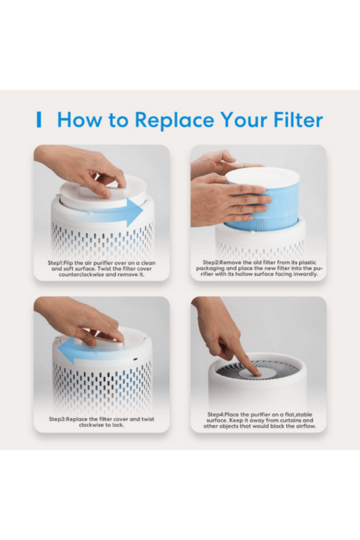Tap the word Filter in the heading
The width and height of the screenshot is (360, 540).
coord(298,120)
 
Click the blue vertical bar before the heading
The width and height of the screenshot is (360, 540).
coord(39,120)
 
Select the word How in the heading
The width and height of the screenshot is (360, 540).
coord(80,120)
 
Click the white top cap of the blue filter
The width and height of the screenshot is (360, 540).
coord(262,176)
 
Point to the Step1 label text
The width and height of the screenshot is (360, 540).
coord(56,263)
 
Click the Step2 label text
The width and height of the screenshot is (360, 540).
coord(211,263)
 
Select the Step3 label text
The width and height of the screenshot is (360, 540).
coord(57,419)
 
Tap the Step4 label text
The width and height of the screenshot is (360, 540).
coord(216,414)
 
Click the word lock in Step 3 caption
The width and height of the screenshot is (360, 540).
coord(118,425)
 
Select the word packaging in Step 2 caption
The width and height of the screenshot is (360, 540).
coord(210,268)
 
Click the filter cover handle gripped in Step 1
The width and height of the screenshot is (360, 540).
coord(103,189)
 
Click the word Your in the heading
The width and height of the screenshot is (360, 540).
coord(244,120)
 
